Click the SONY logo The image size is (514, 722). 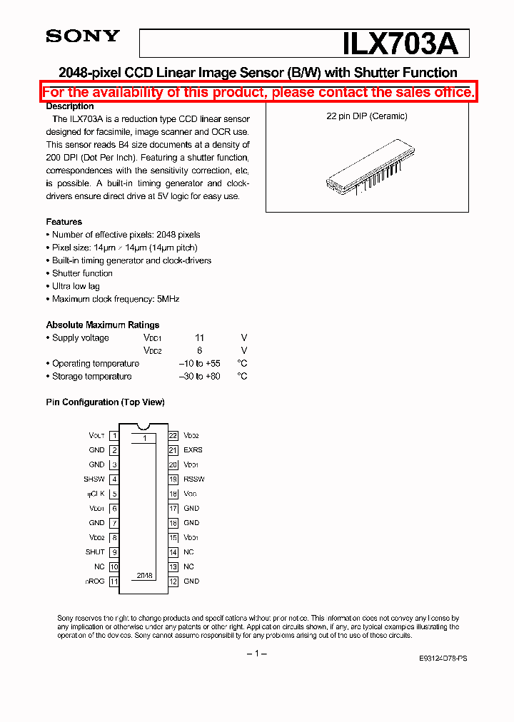(x=83, y=36)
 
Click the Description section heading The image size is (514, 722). (x=70, y=106)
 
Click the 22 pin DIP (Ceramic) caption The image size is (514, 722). (x=367, y=116)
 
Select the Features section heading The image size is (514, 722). (x=64, y=222)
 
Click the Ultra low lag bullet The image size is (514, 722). (x=76, y=286)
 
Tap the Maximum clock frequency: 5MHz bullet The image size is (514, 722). (x=115, y=299)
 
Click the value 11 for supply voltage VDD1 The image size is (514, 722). (x=200, y=338)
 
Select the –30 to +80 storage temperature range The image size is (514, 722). (x=199, y=377)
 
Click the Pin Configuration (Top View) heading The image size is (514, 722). (x=105, y=402)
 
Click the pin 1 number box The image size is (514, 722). (x=114, y=435)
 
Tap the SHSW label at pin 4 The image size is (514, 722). (x=94, y=479)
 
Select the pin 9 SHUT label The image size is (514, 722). (x=95, y=552)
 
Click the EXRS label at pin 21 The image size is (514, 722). (x=193, y=450)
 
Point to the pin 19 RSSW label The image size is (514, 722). (x=193, y=479)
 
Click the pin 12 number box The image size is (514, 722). (x=173, y=581)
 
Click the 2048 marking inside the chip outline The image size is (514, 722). (x=145, y=576)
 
